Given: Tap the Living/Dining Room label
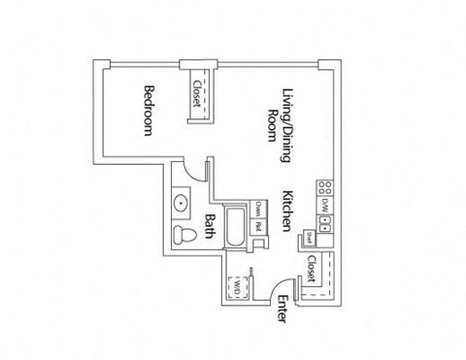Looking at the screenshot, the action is coord(281,115).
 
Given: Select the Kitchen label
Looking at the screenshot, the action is coord(287,210).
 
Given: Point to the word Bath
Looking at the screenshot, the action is coord(210,226).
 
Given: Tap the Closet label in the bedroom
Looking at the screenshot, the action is coord(199,91).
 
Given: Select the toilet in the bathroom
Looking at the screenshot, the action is coord(181,235).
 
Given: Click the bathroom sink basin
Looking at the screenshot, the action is coord(181,204).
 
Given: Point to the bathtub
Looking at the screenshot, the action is coord(234,227).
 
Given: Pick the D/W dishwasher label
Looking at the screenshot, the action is coord(325,204).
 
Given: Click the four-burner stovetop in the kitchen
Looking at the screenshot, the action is coord(325,186).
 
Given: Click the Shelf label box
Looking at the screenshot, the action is coord(305,237).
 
